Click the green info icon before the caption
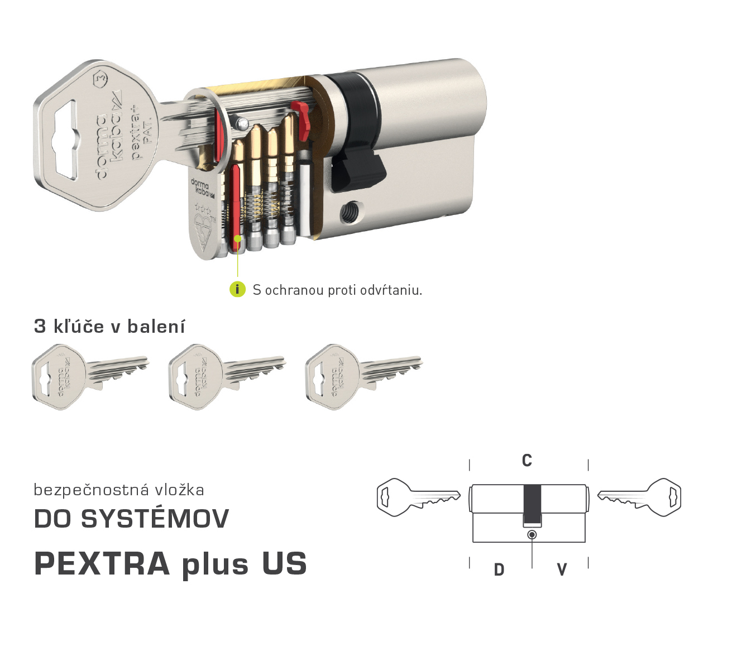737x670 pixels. (x=237, y=289)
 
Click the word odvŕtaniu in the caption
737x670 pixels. (x=391, y=290)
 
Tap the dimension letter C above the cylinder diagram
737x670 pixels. (x=527, y=461)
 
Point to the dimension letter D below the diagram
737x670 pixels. (x=499, y=569)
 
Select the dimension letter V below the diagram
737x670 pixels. (x=562, y=569)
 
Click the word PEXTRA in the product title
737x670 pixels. (x=102, y=563)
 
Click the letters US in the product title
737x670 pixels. (x=284, y=563)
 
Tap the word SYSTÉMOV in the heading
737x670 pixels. (x=155, y=519)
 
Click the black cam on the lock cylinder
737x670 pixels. (x=358, y=167)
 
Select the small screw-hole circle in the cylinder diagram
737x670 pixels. (x=532, y=535)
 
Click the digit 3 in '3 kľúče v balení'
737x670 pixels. (x=40, y=326)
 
